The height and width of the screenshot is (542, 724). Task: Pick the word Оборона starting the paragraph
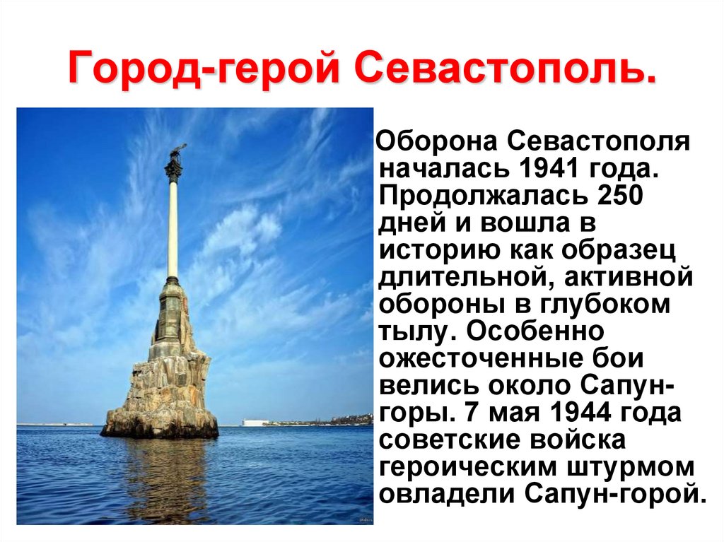tap(438, 141)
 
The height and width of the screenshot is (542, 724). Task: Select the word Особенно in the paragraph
tap(536, 331)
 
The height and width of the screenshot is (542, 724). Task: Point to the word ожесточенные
tap(481, 359)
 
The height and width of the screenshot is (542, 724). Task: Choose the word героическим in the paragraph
tap(468, 468)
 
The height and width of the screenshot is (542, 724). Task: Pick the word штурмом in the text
tap(630, 468)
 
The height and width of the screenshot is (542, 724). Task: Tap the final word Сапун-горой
tap(616, 495)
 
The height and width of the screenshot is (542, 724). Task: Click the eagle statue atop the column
tap(177, 153)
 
